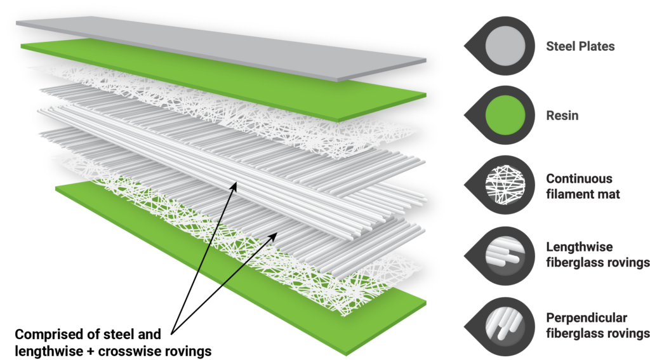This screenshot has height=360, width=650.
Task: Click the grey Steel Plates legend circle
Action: click(505, 46)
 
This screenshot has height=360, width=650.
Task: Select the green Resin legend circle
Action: click(505, 116)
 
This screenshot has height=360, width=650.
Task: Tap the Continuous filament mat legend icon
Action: click(505, 185)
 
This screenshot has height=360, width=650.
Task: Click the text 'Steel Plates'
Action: click(580, 46)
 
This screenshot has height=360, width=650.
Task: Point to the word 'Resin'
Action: click(562, 116)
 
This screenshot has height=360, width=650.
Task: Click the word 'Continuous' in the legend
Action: click(579, 179)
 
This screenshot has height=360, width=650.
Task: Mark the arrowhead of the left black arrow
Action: click(235, 185)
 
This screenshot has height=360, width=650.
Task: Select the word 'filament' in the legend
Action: click(569, 194)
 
